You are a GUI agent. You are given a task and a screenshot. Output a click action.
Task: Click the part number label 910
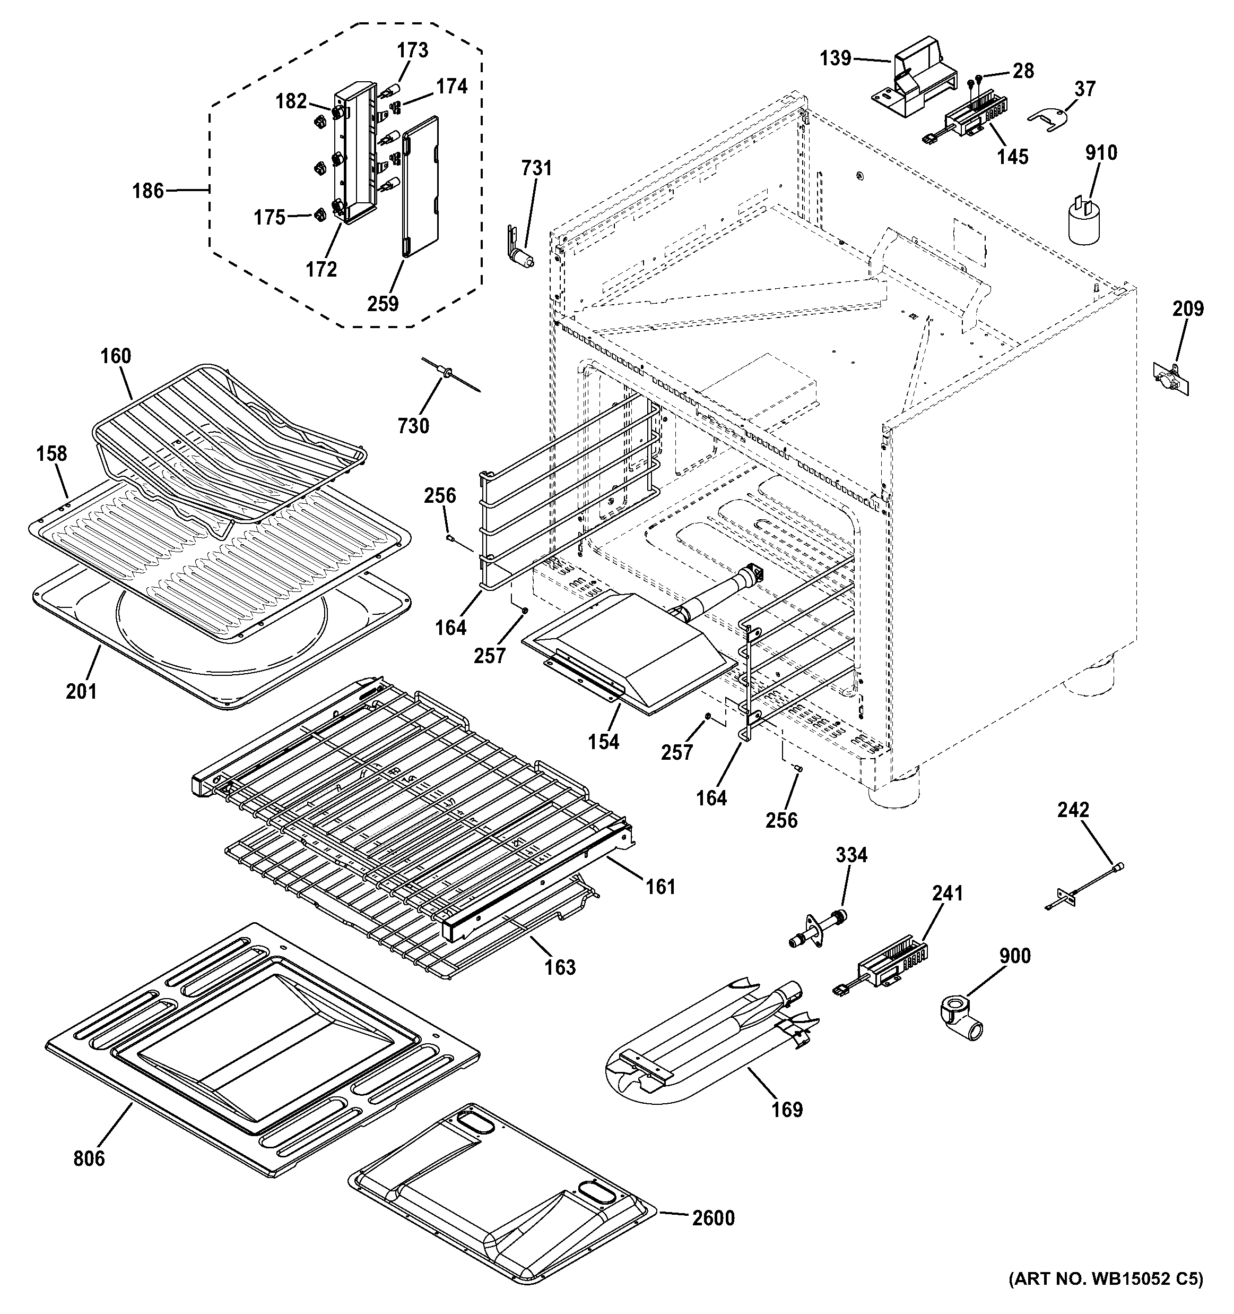point(1100,153)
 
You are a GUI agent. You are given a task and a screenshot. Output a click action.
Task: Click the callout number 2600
point(713,1217)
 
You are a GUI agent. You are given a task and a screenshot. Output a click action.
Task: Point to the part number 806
point(89,1158)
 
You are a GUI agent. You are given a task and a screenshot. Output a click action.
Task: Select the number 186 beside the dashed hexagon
point(148,191)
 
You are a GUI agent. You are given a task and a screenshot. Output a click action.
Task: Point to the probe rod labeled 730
point(449,378)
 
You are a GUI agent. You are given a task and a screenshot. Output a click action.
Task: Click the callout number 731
point(536,168)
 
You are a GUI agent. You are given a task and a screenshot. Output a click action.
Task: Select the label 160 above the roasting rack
point(116,356)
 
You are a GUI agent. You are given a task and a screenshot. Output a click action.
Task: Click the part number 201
point(81,691)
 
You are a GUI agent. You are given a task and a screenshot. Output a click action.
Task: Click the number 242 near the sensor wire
point(1073,810)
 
